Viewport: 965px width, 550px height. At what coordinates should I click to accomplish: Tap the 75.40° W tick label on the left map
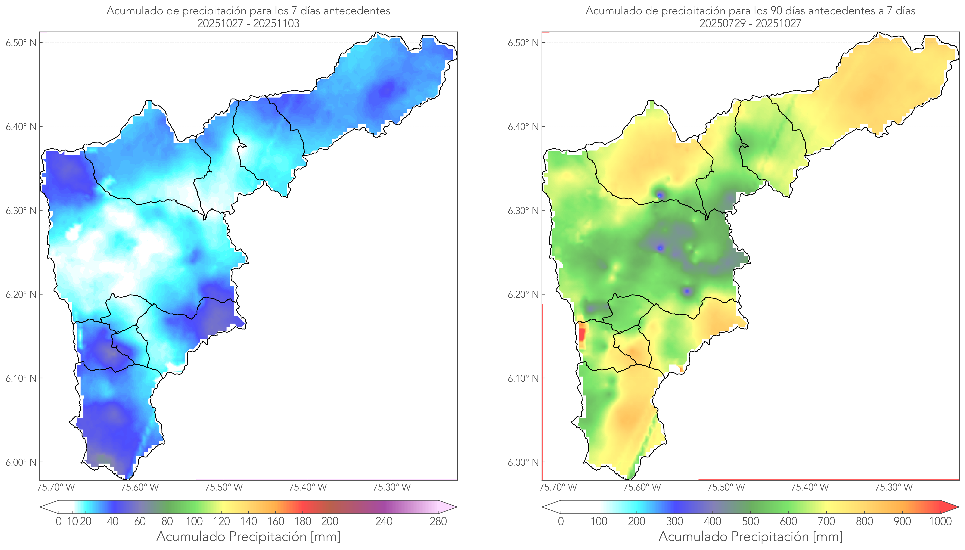coord(308,487)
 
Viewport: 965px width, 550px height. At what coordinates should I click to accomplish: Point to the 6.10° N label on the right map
coord(523,378)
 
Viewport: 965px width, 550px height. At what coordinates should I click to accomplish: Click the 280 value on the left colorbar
coord(438,521)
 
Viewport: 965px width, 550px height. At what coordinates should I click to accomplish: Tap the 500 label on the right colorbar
coord(750,521)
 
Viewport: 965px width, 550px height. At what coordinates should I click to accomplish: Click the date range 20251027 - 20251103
coord(248,23)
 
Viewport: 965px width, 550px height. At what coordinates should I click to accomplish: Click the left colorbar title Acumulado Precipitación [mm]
coord(248,536)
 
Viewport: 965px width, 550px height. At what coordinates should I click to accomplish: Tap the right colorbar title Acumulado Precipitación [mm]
coord(750,536)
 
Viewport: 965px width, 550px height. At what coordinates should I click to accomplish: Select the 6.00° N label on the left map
coord(21,462)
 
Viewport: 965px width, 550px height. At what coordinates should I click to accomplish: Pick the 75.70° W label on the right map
coord(558,487)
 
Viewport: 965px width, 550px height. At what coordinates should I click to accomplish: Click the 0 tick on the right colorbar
coord(561,521)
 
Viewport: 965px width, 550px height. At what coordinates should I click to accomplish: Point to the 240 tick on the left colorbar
coord(384,521)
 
